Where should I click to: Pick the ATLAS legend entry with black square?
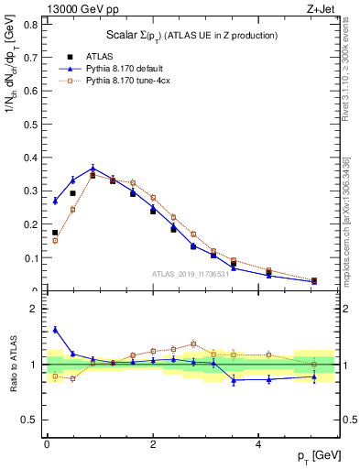82,56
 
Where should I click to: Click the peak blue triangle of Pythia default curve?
93,169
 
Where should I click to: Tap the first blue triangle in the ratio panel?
55,330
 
